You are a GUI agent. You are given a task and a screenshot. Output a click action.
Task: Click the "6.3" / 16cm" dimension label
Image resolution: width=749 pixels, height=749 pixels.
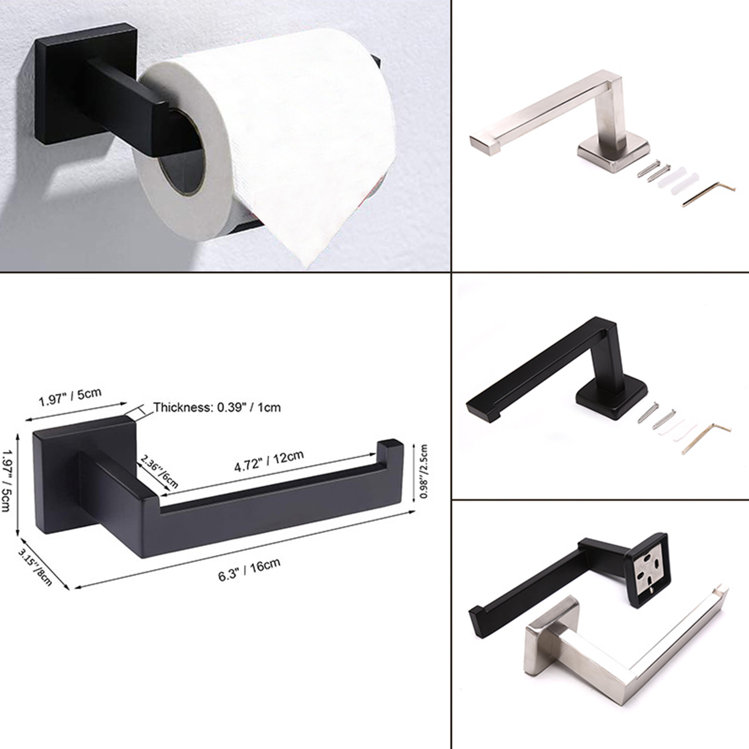(250, 569)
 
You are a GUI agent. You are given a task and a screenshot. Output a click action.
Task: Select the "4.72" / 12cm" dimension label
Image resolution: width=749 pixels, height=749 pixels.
(269, 461)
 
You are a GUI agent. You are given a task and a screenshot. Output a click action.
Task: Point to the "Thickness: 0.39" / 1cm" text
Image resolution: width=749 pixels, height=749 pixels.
(217, 407)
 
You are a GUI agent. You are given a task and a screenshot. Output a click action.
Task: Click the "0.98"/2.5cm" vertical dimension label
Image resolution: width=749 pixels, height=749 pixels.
(423, 471)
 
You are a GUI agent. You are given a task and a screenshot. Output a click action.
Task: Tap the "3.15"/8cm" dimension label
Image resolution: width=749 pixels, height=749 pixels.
(35, 567)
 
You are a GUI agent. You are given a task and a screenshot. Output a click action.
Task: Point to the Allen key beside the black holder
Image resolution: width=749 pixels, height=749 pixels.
(706, 438)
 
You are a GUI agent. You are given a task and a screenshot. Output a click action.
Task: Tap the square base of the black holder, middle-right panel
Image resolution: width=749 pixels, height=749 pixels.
(611, 398)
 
